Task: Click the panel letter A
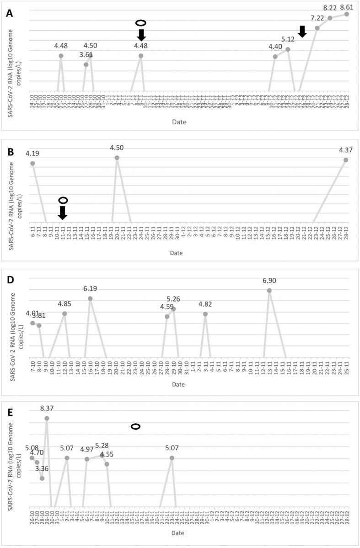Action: (9, 13)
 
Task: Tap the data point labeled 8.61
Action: (347, 14)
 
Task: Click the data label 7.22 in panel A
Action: (317, 18)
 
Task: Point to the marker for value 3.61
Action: (86, 64)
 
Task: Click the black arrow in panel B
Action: (63, 213)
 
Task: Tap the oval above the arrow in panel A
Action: (141, 22)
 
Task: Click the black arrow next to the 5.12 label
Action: (302, 31)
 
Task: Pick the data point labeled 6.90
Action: (269, 290)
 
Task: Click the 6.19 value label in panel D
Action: (90, 288)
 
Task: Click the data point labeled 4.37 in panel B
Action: (346, 160)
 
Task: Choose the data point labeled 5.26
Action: (173, 309)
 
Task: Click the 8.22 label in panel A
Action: (331, 8)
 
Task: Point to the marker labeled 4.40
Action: (275, 57)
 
